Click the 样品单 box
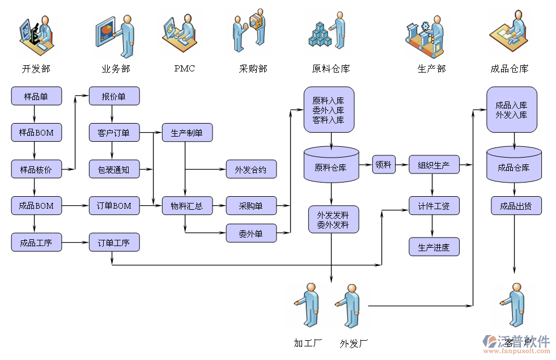(x=36, y=96)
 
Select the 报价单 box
(x=114, y=96)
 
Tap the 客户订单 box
(x=114, y=133)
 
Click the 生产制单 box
(x=187, y=133)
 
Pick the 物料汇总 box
(x=187, y=206)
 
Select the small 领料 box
(x=384, y=165)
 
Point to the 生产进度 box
(x=434, y=247)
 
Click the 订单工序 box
(x=114, y=243)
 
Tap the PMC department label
(x=184, y=69)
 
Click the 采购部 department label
(x=253, y=69)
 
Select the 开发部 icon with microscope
(x=36, y=35)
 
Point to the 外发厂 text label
(x=354, y=343)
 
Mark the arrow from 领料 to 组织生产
(x=402, y=165)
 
